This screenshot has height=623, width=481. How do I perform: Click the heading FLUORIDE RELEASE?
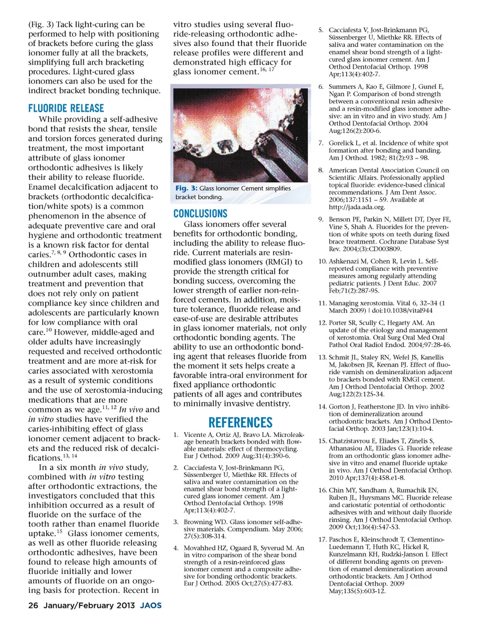pos(66,108)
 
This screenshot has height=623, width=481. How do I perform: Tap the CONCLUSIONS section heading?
pos(200,214)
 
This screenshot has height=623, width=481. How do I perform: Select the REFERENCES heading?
pos(241,422)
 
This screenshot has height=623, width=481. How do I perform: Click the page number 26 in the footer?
pos(33,605)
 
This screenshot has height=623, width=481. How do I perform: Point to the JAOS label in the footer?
pos(150,605)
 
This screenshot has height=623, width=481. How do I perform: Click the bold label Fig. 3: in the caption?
pos(186,189)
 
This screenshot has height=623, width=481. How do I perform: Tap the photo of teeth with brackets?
pos(239,133)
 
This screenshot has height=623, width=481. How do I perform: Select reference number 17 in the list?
pos(322,540)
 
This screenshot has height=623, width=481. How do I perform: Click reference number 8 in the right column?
pos(321,171)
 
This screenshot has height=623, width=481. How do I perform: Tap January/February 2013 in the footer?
pos(89,605)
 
